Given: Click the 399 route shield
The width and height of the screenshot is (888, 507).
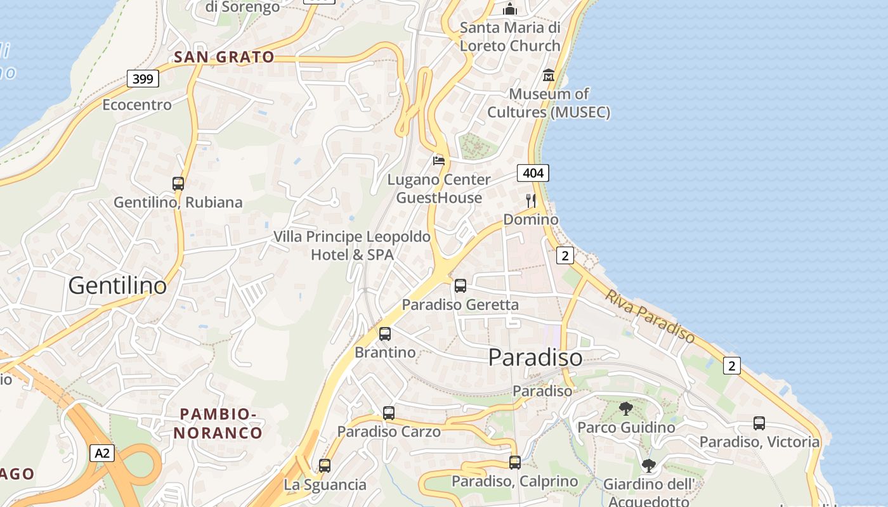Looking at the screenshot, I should pyautogui.click(x=143, y=79).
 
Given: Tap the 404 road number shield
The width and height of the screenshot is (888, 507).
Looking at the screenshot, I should pyautogui.click(x=533, y=172).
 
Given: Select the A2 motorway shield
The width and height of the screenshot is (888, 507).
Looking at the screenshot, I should pyautogui.click(x=102, y=453).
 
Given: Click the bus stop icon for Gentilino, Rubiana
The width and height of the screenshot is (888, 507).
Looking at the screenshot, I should pyautogui.click(x=178, y=184).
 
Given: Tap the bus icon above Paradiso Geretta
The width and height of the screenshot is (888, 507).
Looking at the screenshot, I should pyautogui.click(x=460, y=286).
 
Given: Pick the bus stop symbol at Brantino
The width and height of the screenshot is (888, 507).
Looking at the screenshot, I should pyautogui.click(x=385, y=334).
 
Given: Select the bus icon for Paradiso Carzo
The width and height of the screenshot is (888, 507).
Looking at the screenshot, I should pyautogui.click(x=389, y=413).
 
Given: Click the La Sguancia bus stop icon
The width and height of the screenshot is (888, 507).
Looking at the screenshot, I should pyautogui.click(x=325, y=466).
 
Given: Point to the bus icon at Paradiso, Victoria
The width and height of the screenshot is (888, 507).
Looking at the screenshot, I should pyautogui.click(x=759, y=423).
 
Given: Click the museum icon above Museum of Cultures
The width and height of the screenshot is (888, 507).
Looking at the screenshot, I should pyautogui.click(x=549, y=76).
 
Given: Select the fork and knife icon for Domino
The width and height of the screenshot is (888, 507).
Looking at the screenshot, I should pyautogui.click(x=531, y=201).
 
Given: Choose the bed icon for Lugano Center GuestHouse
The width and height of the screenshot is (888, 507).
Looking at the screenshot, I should pyautogui.click(x=439, y=160).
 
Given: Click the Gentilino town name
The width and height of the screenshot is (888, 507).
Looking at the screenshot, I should pyautogui.click(x=117, y=286).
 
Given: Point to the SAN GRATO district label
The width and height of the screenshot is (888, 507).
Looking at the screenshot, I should pyautogui.click(x=225, y=57).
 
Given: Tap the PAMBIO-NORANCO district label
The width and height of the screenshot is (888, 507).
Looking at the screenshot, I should pyautogui.click(x=219, y=423).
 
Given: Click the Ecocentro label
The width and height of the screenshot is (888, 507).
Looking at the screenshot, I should pyautogui.click(x=137, y=105).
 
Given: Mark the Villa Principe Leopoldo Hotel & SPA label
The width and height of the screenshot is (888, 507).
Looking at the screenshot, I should pyautogui.click(x=352, y=245).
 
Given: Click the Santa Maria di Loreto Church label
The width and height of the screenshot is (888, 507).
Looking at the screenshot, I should pyautogui.click(x=510, y=37).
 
